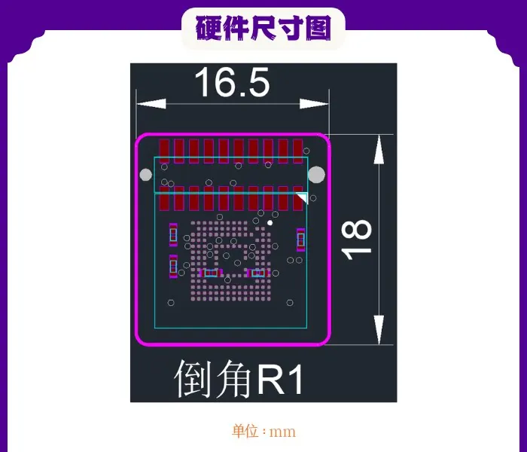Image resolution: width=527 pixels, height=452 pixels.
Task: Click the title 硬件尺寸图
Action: tap(263, 29)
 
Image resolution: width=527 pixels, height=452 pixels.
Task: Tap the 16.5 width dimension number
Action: tap(232, 82)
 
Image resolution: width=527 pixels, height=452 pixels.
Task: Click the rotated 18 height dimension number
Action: tap(357, 240)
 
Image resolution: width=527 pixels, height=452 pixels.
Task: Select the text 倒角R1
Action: tap(239, 378)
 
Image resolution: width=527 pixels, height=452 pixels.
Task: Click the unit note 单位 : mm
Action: tap(263, 432)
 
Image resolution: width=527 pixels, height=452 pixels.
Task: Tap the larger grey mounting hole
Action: tap(316, 175)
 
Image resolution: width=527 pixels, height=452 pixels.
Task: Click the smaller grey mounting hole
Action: tap(145, 175)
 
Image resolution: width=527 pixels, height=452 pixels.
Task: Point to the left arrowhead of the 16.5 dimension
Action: tap(151, 104)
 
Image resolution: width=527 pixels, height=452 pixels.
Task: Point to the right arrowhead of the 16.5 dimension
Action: tap(314, 104)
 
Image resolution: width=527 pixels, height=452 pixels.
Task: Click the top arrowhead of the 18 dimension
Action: tap(379, 149)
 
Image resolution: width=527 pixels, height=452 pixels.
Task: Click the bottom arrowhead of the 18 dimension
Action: tap(379, 330)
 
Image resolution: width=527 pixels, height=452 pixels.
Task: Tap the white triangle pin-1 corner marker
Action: tap(303, 197)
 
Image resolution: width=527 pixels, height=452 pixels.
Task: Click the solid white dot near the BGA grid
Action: tap(270, 223)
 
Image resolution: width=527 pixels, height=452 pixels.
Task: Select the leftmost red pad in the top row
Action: tap(164, 151)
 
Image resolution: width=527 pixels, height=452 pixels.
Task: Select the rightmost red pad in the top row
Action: tap(298, 151)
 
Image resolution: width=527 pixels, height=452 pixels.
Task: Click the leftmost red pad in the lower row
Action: tap(164, 199)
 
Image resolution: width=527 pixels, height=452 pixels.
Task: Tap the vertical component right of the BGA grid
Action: tap(301, 240)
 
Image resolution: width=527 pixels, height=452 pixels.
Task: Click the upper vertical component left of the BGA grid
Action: tap(173, 234)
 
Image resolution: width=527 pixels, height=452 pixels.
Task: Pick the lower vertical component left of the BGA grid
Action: tap(173, 267)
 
